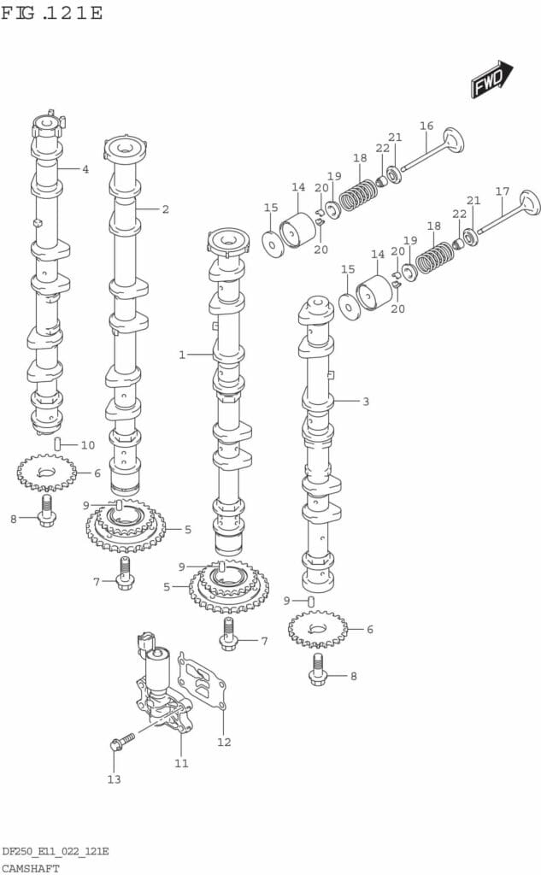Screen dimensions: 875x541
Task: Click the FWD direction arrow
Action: [x=491, y=79]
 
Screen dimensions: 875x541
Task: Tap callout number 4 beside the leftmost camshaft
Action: [x=85, y=169]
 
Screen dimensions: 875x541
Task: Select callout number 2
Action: [x=165, y=208]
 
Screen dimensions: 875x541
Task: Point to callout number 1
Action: [x=182, y=355]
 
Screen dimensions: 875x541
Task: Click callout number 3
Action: [x=366, y=401]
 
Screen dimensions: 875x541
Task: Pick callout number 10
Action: [x=88, y=445]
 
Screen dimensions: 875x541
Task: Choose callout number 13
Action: [x=114, y=778]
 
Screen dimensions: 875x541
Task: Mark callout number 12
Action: [x=224, y=742]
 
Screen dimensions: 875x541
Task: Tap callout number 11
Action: [x=181, y=762]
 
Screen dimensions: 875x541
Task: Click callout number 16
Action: [x=426, y=126]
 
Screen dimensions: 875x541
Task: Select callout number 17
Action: [x=503, y=191]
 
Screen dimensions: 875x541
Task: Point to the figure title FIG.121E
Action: [x=52, y=13]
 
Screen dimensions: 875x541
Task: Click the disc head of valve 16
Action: [x=453, y=139]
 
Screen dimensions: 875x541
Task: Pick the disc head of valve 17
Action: [x=528, y=203]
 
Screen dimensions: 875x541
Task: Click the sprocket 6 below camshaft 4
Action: [x=46, y=472]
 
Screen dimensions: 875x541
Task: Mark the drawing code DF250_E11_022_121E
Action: [x=55, y=852]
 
